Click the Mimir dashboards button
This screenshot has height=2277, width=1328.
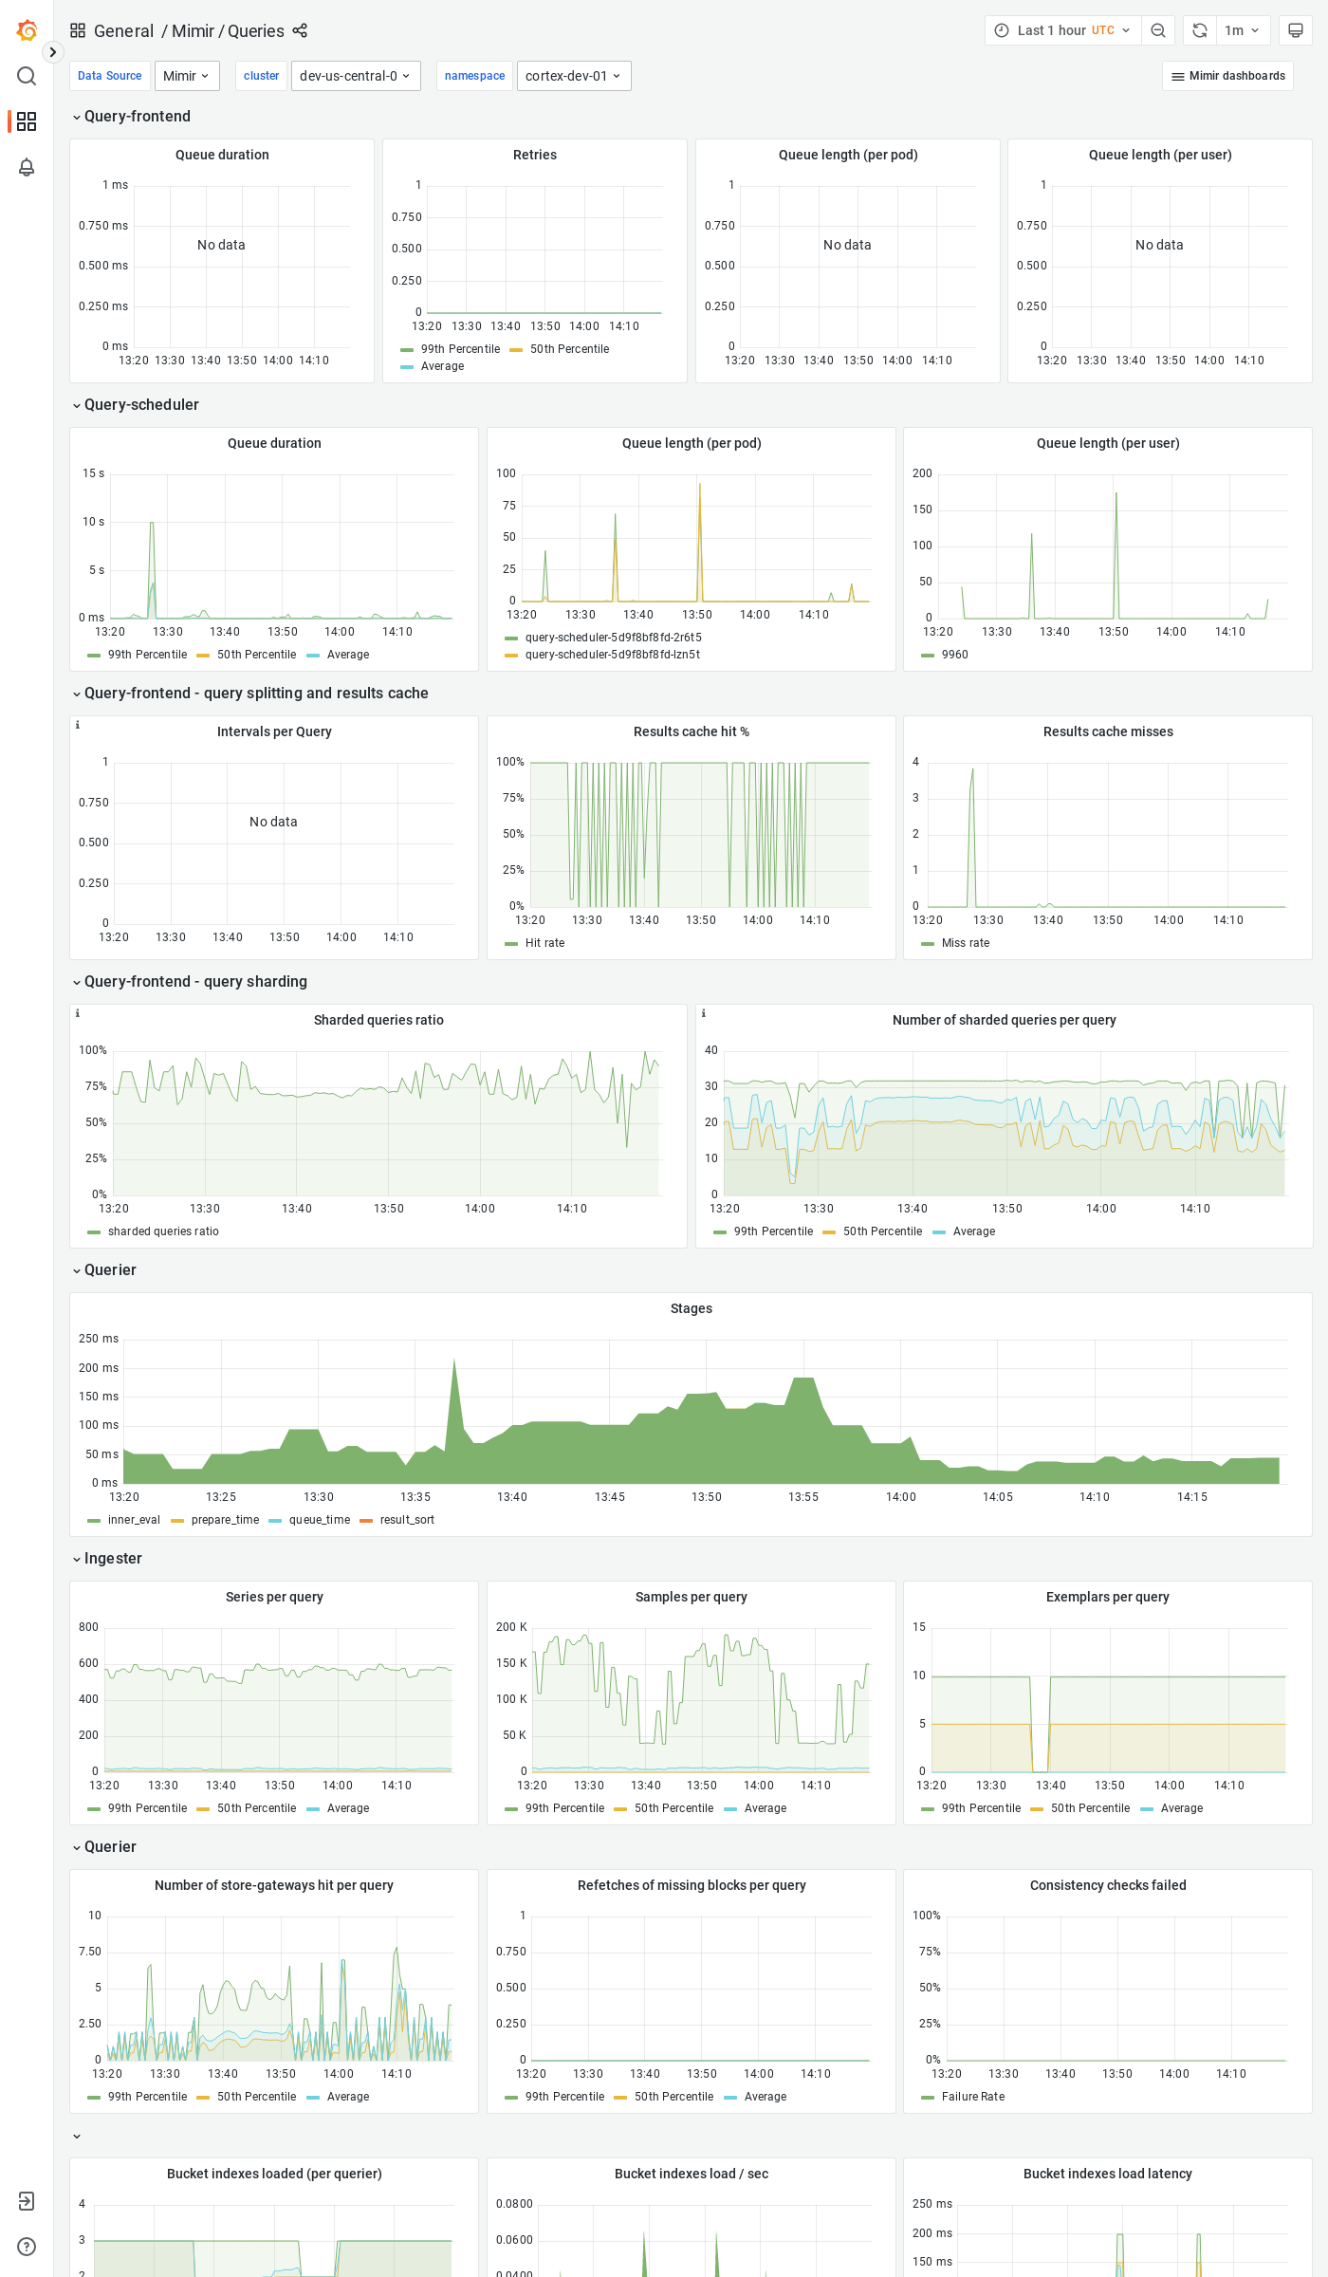[1227, 76]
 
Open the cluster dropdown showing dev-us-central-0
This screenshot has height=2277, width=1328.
[355, 76]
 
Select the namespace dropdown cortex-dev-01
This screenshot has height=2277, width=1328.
[573, 76]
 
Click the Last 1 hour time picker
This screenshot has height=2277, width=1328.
[1063, 30]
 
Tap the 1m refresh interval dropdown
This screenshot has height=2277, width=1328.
[1242, 30]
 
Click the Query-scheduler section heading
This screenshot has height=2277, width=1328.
[141, 405]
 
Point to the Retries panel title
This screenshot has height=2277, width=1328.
[534, 155]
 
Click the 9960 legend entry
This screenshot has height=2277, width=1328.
[954, 655]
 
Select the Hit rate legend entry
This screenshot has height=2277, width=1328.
[544, 943]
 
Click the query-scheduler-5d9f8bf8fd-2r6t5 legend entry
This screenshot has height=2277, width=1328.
[613, 638]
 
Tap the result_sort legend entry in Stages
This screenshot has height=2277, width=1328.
[407, 1520]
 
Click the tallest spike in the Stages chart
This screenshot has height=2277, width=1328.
[454, 1362]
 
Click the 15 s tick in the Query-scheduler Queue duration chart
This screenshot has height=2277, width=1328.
[93, 473]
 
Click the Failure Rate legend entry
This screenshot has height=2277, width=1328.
[972, 2097]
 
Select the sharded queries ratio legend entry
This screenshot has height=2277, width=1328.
[163, 1231]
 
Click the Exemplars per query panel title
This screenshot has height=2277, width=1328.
[1107, 1597]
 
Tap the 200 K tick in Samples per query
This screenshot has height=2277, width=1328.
[511, 1627]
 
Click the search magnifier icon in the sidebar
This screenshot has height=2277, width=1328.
[27, 76]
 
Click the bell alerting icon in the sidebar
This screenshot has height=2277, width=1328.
[27, 167]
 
